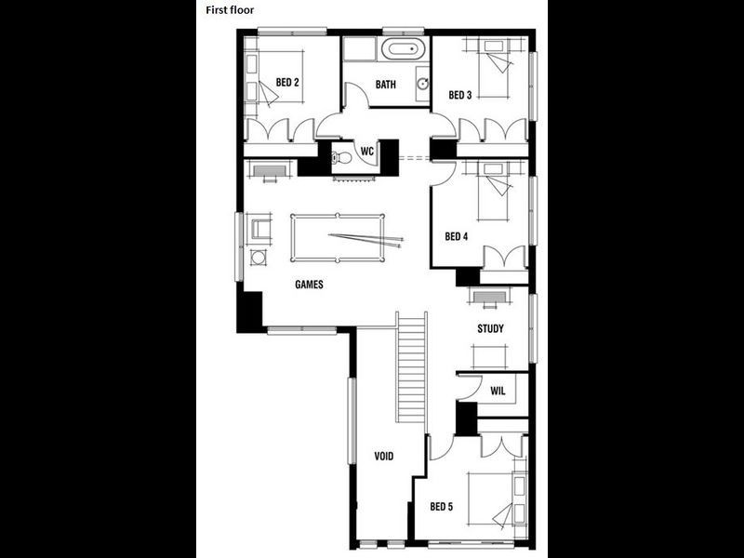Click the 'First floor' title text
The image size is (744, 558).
tap(230, 10)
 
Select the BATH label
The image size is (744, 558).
tap(385, 85)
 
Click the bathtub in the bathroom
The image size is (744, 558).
tap(405, 50)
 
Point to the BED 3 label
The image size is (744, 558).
tap(460, 95)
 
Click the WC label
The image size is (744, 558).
tap(366, 150)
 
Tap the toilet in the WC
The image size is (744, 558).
tap(342, 157)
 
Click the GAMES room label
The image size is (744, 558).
tap(309, 285)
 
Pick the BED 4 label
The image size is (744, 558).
tap(456, 236)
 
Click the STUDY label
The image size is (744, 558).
tap(490, 328)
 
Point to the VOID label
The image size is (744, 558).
tap(385, 457)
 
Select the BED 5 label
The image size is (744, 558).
tap(441, 507)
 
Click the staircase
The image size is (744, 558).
tap(411, 367)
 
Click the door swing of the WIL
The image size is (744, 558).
tap(468, 390)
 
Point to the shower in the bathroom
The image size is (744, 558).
tap(359, 50)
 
